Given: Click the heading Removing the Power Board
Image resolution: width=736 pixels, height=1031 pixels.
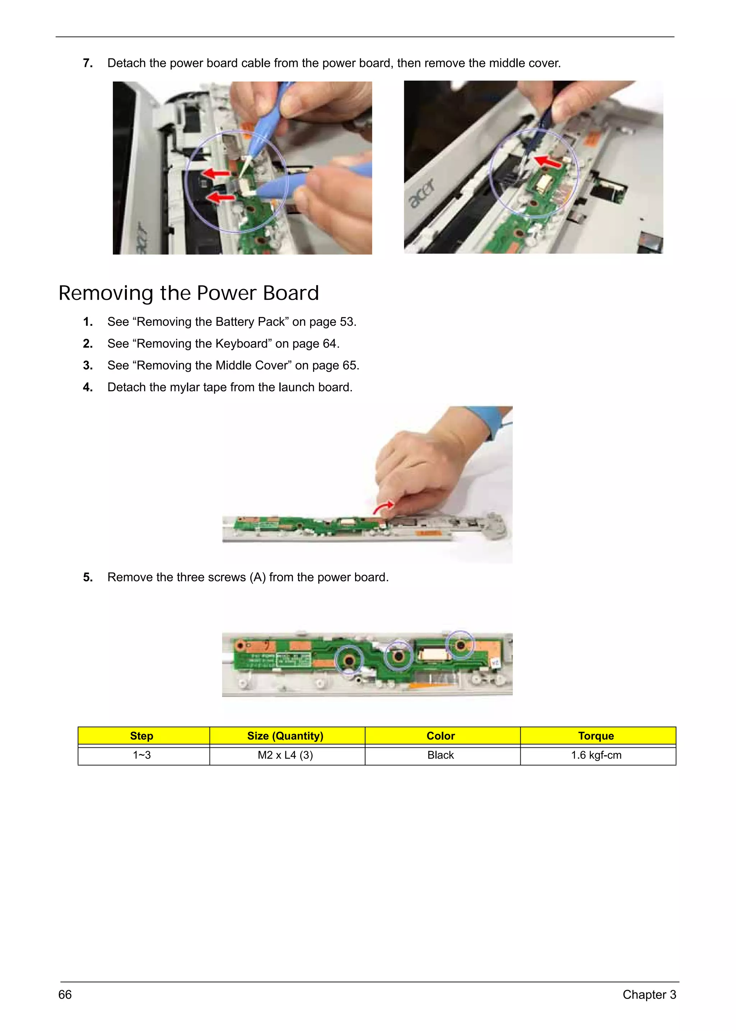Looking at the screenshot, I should pyautogui.click(x=189, y=293).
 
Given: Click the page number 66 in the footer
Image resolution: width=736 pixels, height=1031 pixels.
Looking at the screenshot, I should pyautogui.click(x=65, y=994).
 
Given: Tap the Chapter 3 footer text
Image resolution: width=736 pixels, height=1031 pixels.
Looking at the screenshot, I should pyautogui.click(x=649, y=994).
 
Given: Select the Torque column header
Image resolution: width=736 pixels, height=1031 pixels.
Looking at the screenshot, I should pyautogui.click(x=596, y=736).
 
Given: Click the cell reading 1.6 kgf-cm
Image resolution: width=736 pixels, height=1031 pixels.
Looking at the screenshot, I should pyautogui.click(x=596, y=755).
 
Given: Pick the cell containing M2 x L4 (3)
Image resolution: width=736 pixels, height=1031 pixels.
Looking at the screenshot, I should pyautogui.click(x=285, y=755).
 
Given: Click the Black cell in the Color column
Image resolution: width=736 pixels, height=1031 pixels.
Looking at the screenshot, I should pyautogui.click(x=440, y=755).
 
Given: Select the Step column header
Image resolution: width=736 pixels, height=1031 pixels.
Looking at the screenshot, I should pyautogui.click(x=141, y=736).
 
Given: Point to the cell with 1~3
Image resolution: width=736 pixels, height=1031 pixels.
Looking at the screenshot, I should pyautogui.click(x=141, y=755).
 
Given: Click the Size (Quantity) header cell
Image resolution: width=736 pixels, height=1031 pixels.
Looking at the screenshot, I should pyautogui.click(x=285, y=736).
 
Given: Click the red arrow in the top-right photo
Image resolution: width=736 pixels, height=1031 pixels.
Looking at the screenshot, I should pyautogui.click(x=549, y=161).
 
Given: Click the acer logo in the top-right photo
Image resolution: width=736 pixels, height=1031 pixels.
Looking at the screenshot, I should pyautogui.click(x=422, y=193).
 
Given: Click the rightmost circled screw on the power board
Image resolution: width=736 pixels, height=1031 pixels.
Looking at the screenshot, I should pyautogui.click(x=460, y=644).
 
